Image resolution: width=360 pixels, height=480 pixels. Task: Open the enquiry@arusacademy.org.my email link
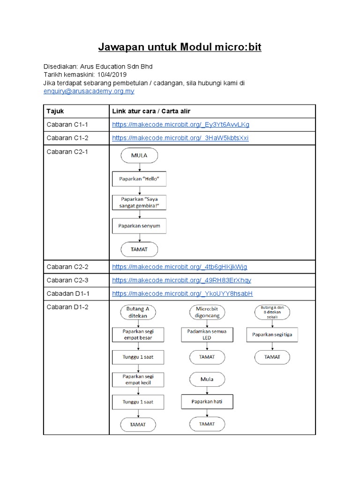point(89,91)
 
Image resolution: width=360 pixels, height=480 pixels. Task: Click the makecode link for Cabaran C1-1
point(180,125)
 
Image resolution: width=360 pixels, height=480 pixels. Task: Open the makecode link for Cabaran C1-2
point(180,138)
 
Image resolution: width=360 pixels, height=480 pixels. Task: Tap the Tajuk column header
point(55,111)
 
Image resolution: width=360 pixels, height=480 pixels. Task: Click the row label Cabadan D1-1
point(67,293)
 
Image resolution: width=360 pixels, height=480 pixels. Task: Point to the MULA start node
point(139,156)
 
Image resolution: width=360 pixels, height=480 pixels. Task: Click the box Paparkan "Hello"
point(139,179)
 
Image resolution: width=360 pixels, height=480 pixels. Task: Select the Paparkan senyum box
point(139,226)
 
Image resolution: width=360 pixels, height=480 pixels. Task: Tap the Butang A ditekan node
point(138,312)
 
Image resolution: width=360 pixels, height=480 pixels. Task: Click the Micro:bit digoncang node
point(207,312)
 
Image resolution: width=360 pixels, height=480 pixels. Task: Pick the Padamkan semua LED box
point(207,334)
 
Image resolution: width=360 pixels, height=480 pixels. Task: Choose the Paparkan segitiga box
point(272,334)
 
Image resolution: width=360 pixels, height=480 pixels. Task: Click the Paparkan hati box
point(207,402)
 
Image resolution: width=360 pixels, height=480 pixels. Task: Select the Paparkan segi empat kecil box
point(138,379)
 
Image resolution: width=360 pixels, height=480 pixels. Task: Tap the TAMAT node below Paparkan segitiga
point(272,357)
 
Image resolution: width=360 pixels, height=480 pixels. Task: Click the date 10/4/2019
point(112,75)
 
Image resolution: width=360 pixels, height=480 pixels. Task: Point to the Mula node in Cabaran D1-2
point(207,379)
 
